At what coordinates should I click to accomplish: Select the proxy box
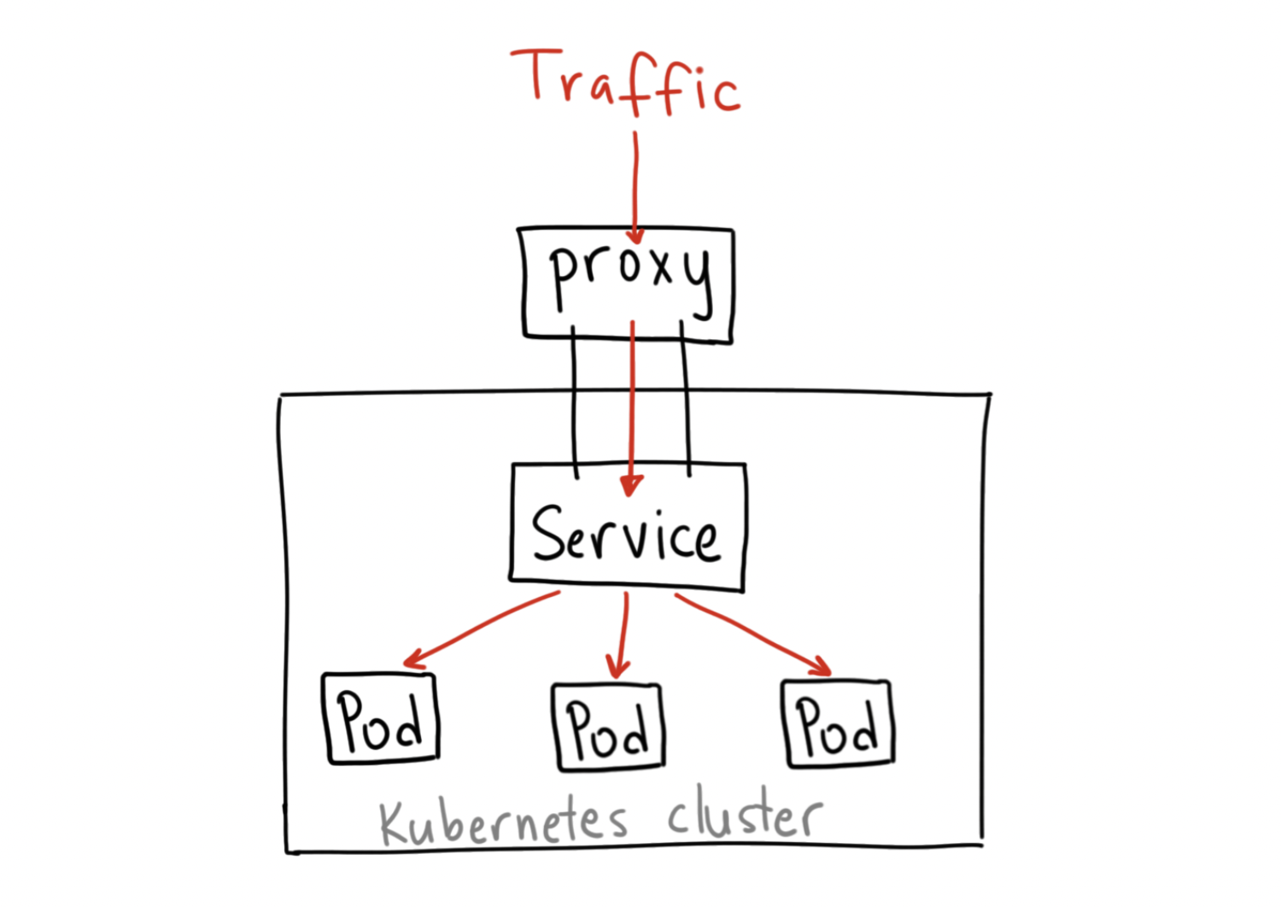[628, 284]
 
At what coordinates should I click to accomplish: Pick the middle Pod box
[608, 728]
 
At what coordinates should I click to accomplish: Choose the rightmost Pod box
[838, 723]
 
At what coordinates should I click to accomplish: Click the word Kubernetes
[504, 822]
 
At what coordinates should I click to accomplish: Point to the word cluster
[745, 816]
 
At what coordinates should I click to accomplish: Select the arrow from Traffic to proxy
[635, 184]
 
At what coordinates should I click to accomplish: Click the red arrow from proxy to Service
[632, 401]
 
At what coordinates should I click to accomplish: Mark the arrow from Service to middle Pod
[623, 632]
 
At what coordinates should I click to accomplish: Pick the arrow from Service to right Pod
[752, 632]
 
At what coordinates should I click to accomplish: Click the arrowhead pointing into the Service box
[631, 486]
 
